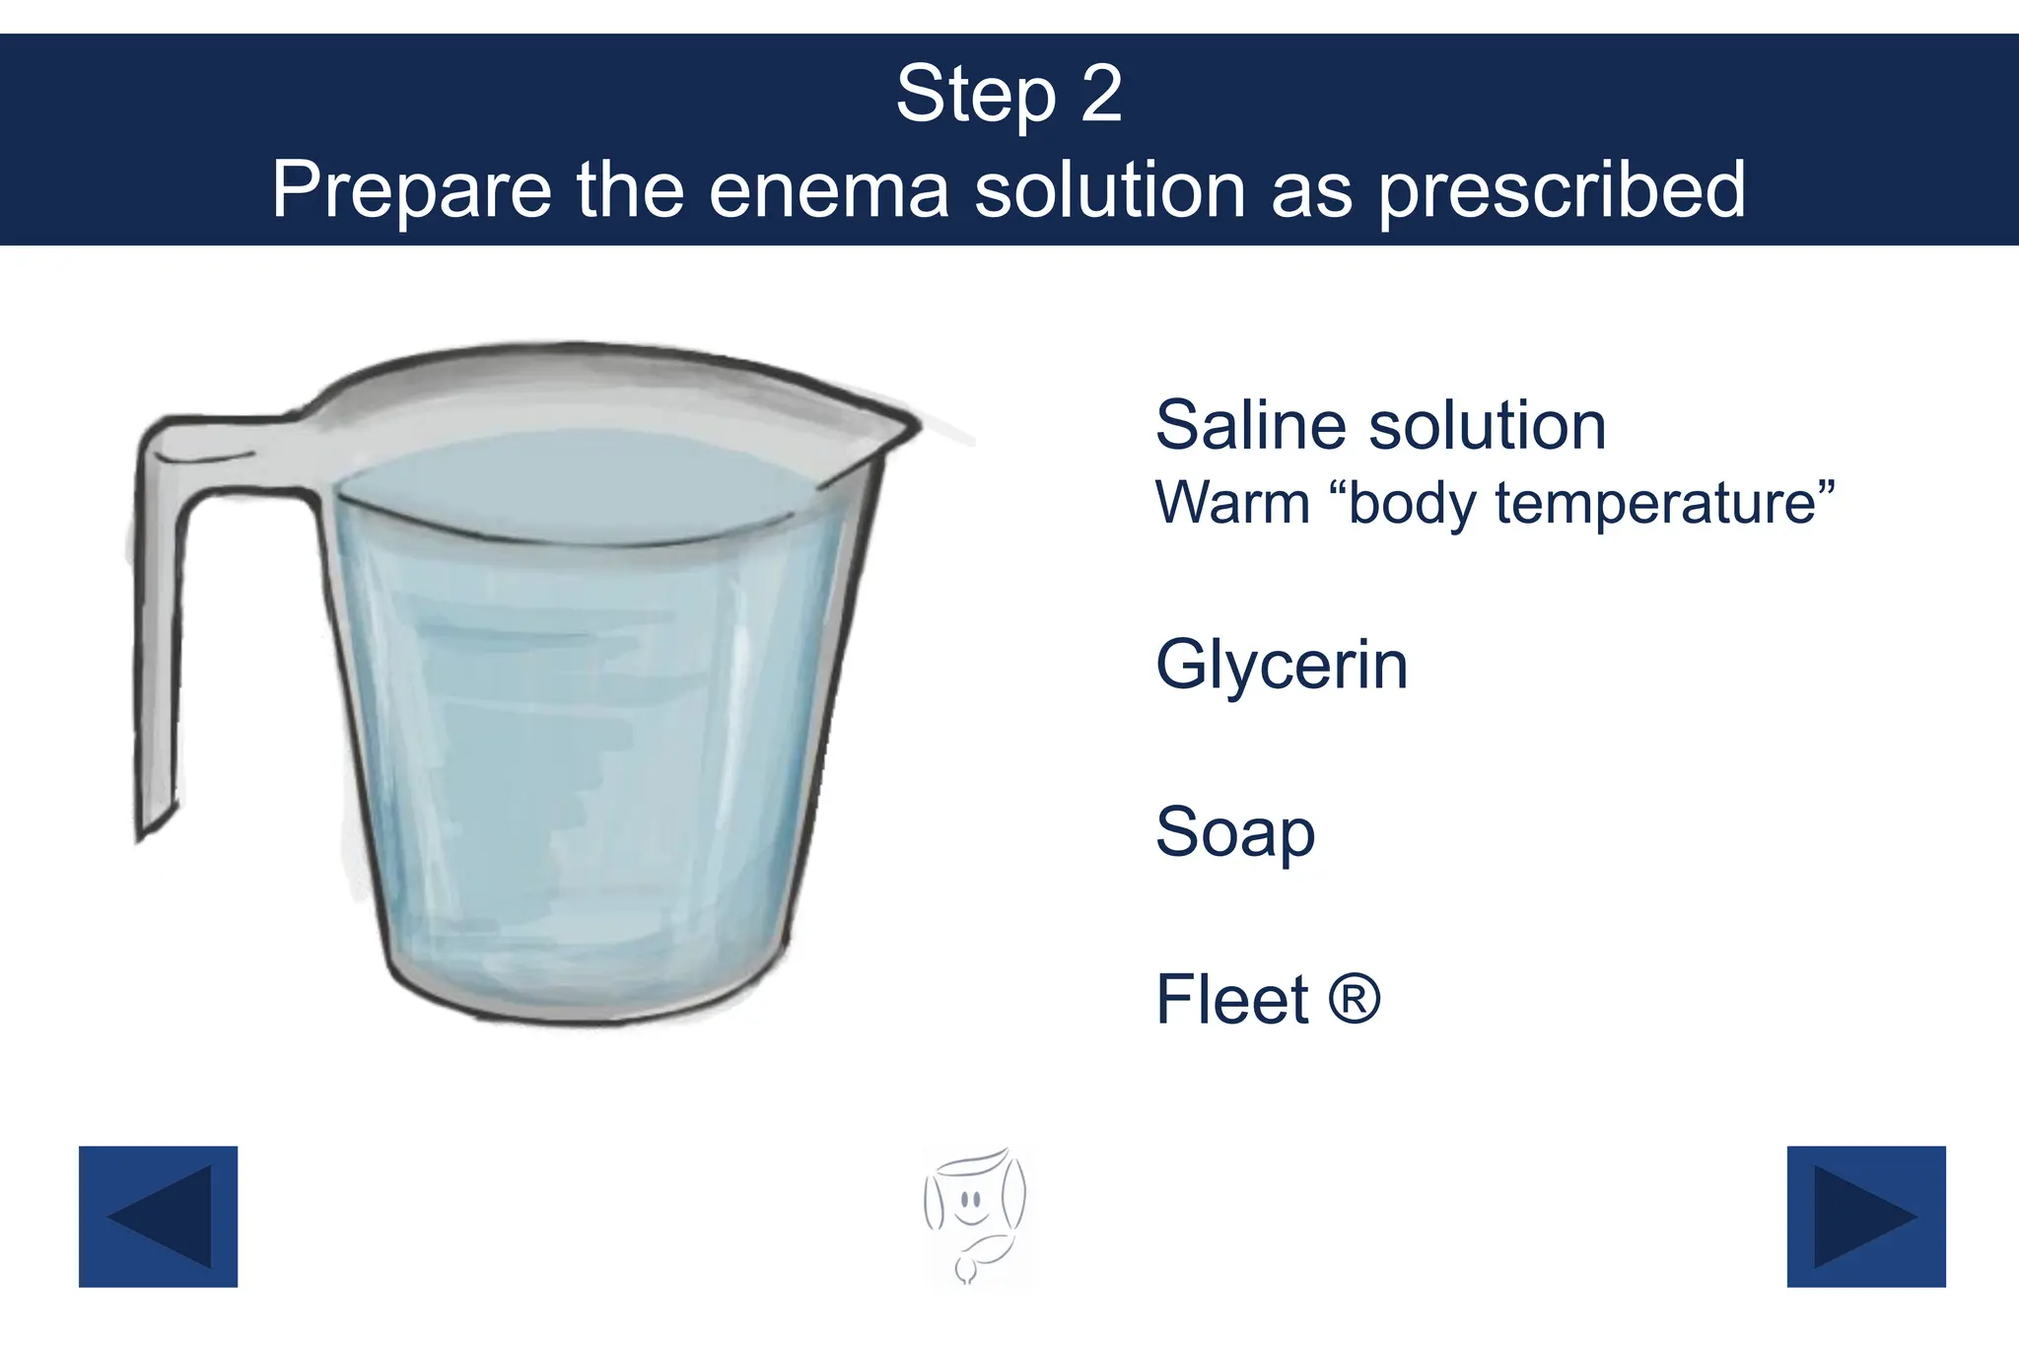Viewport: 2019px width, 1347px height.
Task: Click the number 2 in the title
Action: pyautogui.click(x=1100, y=96)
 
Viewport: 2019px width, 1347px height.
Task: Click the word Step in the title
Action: pyautogui.click(x=974, y=96)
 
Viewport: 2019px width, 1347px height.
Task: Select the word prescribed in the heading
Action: pyautogui.click(x=1562, y=189)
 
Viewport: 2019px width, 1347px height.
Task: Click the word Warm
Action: pyautogui.click(x=1231, y=503)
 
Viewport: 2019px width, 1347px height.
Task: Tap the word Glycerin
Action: pyautogui.click(x=1281, y=666)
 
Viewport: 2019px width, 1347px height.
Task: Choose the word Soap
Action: pyautogui.click(x=1234, y=833)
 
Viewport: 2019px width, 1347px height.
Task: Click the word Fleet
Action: pyautogui.click(x=1231, y=1000)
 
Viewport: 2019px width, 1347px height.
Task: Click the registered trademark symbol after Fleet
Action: pyautogui.click(x=1355, y=998)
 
